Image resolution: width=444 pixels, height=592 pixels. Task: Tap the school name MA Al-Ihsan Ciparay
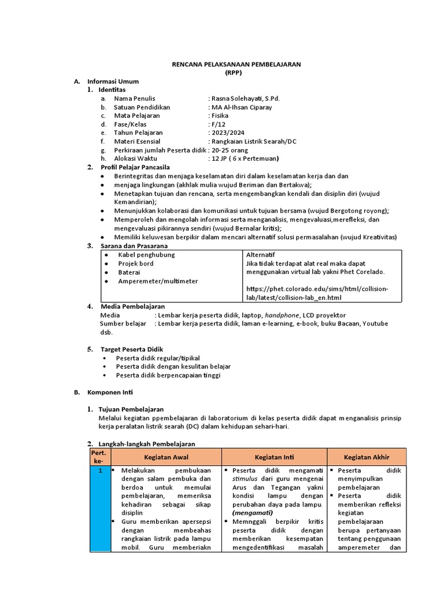pyautogui.click(x=242, y=107)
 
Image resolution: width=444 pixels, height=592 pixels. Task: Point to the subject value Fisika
pyautogui.click(x=220, y=116)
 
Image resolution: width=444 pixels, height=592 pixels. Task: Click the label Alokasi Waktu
pyautogui.click(x=135, y=158)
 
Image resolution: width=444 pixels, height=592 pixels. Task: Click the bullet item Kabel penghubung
pyautogui.click(x=146, y=254)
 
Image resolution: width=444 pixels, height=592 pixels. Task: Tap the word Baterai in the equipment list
pyautogui.click(x=129, y=272)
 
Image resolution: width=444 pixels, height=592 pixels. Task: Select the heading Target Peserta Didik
pyautogui.click(x=132, y=349)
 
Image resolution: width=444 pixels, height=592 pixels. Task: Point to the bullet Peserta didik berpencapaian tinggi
pyautogui.click(x=168, y=375)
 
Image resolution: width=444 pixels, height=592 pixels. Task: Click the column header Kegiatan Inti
pyautogui.click(x=273, y=457)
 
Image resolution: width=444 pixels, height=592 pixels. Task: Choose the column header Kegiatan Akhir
pyautogui.click(x=367, y=457)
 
